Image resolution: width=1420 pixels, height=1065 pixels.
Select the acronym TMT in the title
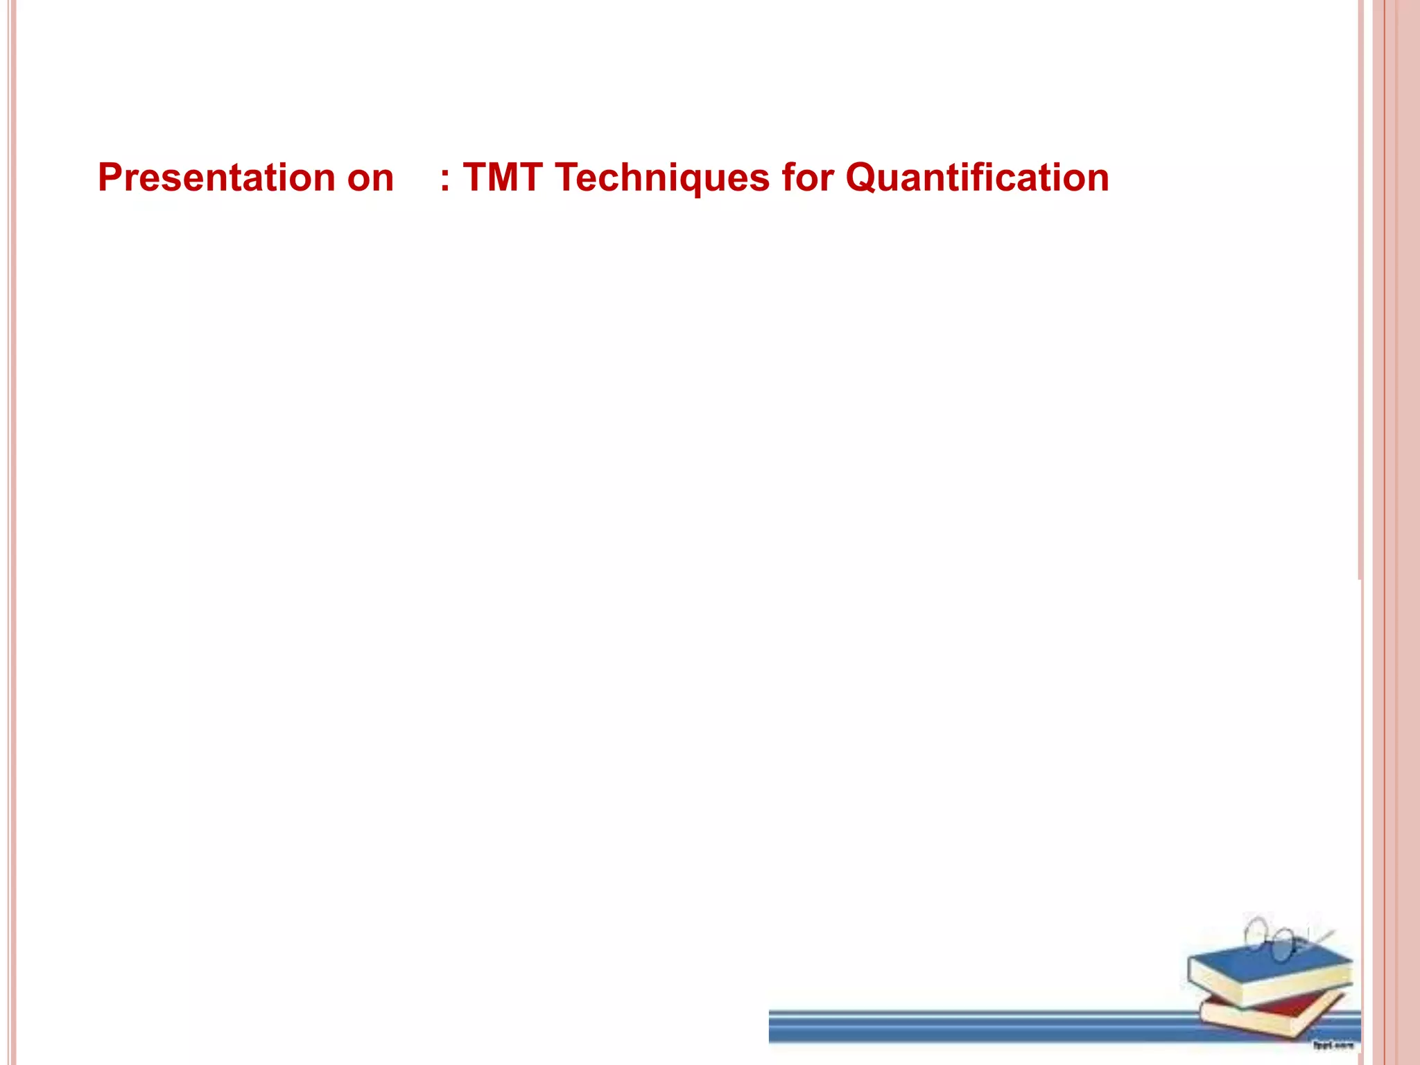[x=502, y=177]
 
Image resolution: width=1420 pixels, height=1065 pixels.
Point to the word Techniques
[x=661, y=177]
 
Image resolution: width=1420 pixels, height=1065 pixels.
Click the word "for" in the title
[x=807, y=177]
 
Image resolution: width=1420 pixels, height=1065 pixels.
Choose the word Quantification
[x=977, y=177]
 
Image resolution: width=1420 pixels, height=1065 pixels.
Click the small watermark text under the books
[x=1332, y=1044]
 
